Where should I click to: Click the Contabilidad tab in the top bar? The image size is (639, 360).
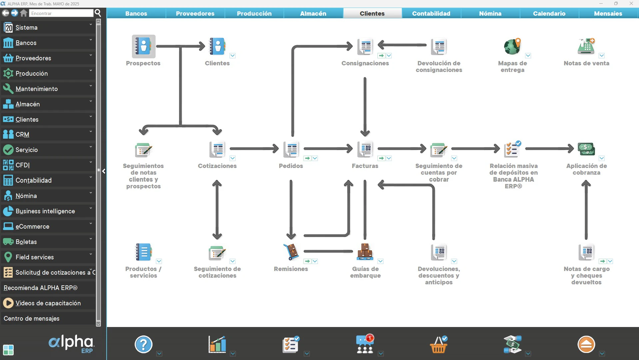(431, 13)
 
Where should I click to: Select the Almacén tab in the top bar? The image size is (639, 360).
(313, 13)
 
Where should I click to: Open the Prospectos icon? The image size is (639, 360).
(144, 46)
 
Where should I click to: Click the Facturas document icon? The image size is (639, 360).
(365, 149)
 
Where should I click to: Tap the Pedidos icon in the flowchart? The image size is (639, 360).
(291, 149)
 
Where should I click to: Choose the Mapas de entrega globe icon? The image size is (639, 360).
(512, 46)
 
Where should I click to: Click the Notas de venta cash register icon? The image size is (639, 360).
(586, 46)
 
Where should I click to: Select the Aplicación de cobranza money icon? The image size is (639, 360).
(586, 149)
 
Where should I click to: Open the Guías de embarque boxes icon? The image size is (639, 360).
(365, 252)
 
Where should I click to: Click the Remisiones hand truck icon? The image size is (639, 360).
(291, 252)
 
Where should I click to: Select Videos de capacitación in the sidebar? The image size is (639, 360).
(48, 303)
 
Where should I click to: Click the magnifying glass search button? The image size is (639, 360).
(98, 13)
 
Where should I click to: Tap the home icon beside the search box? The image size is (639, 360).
(24, 13)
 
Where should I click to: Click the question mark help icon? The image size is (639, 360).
(144, 344)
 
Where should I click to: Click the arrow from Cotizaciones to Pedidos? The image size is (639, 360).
(254, 149)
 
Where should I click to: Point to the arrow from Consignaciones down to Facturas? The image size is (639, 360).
(365, 107)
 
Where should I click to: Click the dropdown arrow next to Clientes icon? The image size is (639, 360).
(233, 56)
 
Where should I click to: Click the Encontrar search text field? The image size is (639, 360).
(61, 13)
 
